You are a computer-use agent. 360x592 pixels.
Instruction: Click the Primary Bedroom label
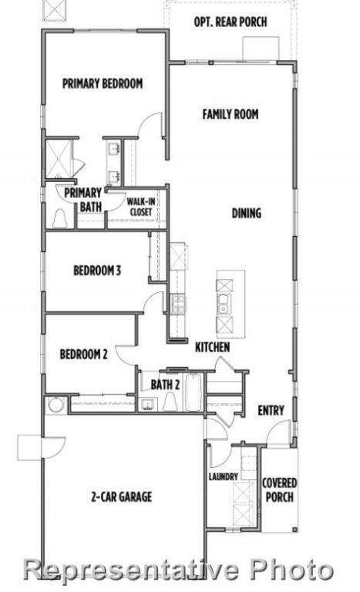pyautogui.click(x=103, y=84)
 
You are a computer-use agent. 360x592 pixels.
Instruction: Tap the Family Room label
pyautogui.click(x=230, y=114)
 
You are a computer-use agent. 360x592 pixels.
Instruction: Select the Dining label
pyautogui.click(x=246, y=214)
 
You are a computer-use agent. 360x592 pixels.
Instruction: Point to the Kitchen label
pyautogui.click(x=211, y=348)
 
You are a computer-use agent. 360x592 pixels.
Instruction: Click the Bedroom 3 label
pyautogui.click(x=97, y=271)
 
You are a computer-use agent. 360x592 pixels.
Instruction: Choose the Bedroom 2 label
pyautogui.click(x=83, y=355)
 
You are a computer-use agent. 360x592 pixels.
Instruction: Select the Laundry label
pyautogui.click(x=223, y=478)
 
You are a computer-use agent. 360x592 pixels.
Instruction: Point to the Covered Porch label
pyautogui.click(x=279, y=490)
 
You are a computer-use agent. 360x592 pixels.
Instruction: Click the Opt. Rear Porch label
pyautogui.click(x=230, y=22)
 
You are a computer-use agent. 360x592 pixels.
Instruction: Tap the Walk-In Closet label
pyautogui.click(x=140, y=207)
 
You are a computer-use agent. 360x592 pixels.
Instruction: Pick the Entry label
pyautogui.click(x=271, y=411)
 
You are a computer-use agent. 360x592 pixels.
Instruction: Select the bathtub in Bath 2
pyautogui.click(x=193, y=392)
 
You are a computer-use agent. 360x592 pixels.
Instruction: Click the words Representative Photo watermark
pyautogui.click(x=180, y=571)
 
